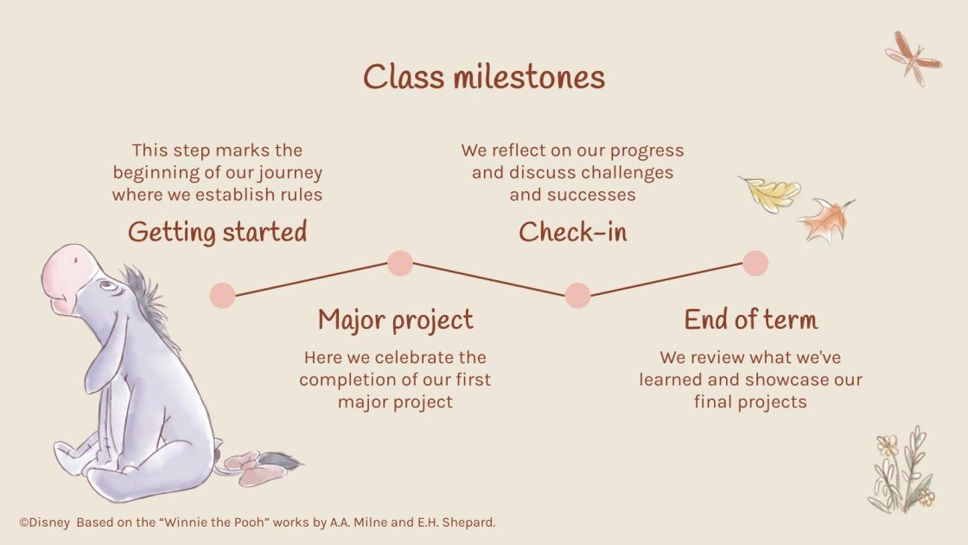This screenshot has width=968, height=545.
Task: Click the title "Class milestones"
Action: [483, 77]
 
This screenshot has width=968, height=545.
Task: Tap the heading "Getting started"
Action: [217, 232]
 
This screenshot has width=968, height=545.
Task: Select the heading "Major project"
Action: [395, 320]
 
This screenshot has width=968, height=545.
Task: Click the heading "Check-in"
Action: [572, 232]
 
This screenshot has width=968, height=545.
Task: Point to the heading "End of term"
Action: [750, 320]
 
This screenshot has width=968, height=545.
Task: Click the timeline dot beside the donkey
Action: [222, 295]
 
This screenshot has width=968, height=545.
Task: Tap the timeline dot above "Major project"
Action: [399, 263]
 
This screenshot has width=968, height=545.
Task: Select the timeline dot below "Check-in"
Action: [577, 295]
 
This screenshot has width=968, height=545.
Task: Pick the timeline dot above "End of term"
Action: [755, 263]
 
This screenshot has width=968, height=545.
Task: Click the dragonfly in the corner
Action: [913, 57]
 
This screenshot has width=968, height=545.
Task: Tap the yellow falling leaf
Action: [770, 194]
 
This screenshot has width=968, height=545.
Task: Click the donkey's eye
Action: [105, 285]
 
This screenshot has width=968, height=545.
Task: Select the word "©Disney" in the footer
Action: [43, 523]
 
